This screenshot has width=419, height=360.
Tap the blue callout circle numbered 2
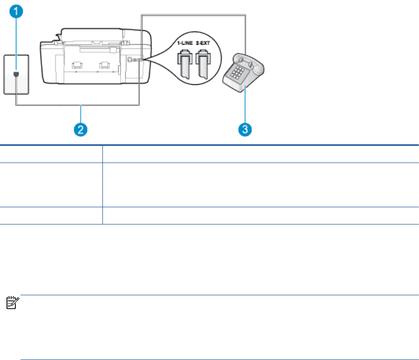[81, 129]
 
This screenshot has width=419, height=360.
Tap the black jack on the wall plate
[17, 74]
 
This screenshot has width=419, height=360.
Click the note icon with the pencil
[9, 304]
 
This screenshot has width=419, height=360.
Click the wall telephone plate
[17, 75]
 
